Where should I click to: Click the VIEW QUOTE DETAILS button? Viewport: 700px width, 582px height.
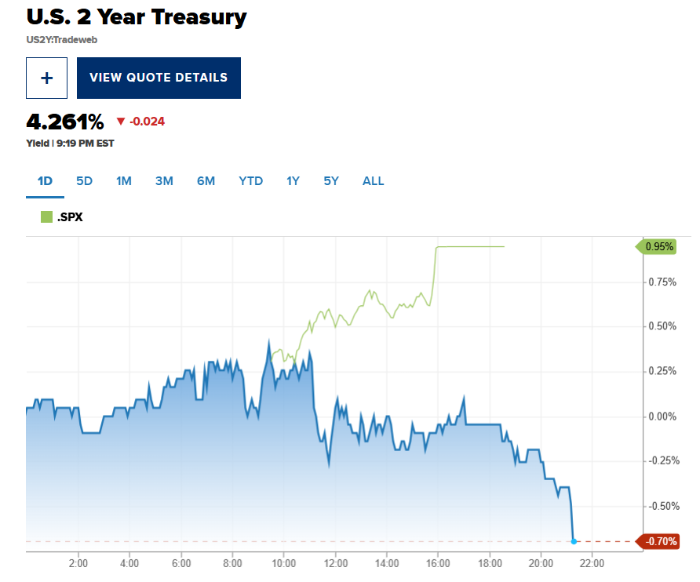[159, 78]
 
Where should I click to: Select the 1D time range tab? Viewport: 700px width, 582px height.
[45, 181]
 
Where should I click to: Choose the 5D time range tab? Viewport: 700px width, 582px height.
[84, 181]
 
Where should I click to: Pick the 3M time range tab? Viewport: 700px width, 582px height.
[164, 181]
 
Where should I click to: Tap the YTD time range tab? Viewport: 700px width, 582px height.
[251, 181]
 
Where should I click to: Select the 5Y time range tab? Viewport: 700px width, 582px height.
[331, 181]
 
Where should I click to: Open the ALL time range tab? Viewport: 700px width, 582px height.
[374, 181]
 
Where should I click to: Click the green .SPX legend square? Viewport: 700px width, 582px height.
[46, 217]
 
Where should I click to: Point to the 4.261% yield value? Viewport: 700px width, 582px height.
[65, 122]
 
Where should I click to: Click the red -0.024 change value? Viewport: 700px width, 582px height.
[147, 122]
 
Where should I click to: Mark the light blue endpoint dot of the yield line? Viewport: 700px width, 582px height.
[574, 541]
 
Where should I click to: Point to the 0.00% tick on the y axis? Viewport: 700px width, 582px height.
[662, 416]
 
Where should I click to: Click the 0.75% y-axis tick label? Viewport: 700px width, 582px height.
[662, 282]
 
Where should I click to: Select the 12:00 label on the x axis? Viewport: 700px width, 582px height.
[335, 563]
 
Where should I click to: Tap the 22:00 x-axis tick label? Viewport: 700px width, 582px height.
[592, 563]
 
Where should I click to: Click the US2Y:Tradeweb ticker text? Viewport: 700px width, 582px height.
[62, 39]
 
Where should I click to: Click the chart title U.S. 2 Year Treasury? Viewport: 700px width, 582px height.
[137, 16]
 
